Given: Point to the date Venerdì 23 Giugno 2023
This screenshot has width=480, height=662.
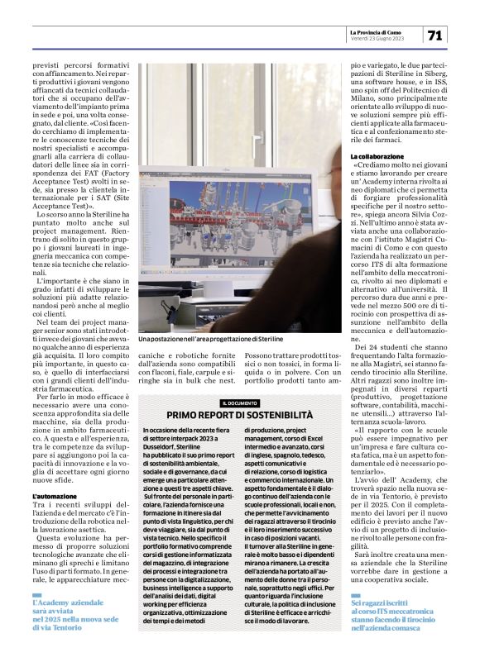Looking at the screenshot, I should [x=377, y=38].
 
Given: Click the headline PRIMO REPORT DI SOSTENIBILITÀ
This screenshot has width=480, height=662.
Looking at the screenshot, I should [x=240, y=413].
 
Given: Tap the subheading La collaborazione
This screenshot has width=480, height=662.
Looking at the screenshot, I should [x=377, y=156].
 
